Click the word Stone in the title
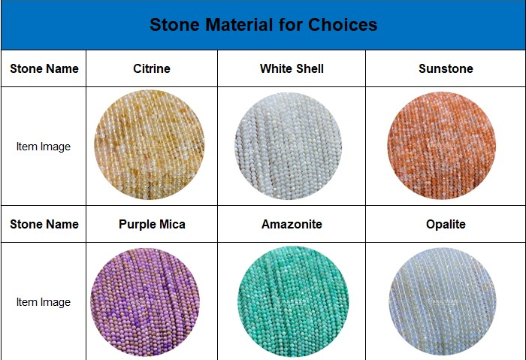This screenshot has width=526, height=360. [x=175, y=25]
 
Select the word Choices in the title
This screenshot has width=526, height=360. [x=343, y=25]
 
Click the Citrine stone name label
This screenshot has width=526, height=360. [x=152, y=69]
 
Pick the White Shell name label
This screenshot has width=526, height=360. [x=292, y=69]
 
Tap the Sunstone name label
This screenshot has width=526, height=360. [x=446, y=69]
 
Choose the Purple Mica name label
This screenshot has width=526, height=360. [x=152, y=224]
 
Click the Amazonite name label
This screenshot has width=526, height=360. [x=292, y=224]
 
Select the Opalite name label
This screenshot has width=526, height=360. [x=446, y=224]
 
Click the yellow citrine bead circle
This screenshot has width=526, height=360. [x=150, y=145]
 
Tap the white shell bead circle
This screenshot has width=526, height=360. [x=288, y=146]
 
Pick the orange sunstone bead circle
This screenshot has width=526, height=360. [x=442, y=146]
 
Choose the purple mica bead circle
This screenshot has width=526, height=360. [x=145, y=302]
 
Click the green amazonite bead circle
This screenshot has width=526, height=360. [x=293, y=302]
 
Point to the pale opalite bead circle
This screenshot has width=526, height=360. [x=443, y=301]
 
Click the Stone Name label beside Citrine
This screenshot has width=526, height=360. [x=44, y=69]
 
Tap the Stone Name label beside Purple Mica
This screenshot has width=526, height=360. [x=44, y=224]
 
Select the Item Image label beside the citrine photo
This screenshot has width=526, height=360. [x=44, y=147]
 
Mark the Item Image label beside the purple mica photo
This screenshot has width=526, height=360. [x=44, y=302]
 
